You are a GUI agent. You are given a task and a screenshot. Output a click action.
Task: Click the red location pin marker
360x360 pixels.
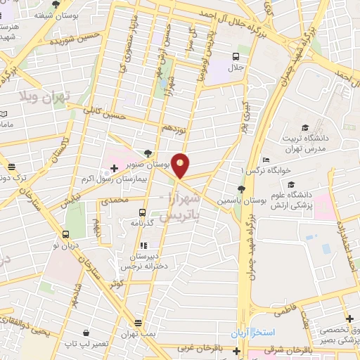(x=181, y=165)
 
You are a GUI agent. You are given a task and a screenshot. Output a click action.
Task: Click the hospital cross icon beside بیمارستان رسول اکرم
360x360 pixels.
(x=114, y=169)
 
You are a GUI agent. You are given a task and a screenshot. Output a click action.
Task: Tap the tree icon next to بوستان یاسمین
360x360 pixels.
(x=241, y=188)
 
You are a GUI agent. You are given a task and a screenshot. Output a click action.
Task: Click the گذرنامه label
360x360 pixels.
(x=143, y=222)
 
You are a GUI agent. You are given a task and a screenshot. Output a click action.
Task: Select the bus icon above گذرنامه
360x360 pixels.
(x=143, y=212)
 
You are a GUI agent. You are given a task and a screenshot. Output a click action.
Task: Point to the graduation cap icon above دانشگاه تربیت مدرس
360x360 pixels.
(x=305, y=127)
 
